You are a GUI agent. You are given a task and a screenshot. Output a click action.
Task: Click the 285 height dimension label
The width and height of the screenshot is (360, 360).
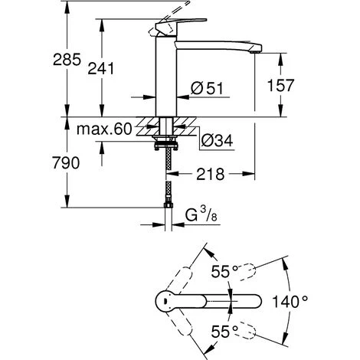[x=67, y=60]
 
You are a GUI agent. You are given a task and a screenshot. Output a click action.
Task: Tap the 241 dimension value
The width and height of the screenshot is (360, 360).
[x=101, y=68]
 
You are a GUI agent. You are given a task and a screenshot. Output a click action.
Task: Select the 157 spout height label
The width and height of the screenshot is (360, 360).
[x=280, y=85]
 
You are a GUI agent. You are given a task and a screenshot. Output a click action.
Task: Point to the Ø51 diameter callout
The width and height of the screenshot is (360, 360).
[x=207, y=88]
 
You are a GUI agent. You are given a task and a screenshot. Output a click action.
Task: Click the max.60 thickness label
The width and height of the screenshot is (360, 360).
[x=104, y=129]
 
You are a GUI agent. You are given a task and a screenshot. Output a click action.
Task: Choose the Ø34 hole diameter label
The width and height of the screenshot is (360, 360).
[x=217, y=140]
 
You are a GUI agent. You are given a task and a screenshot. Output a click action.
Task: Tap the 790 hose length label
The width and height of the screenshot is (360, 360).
[x=66, y=162]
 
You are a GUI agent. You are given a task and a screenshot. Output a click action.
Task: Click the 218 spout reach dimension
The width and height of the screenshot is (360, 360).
[x=211, y=174]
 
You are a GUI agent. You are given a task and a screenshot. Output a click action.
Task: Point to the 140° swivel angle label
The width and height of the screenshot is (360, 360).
[x=290, y=301]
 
